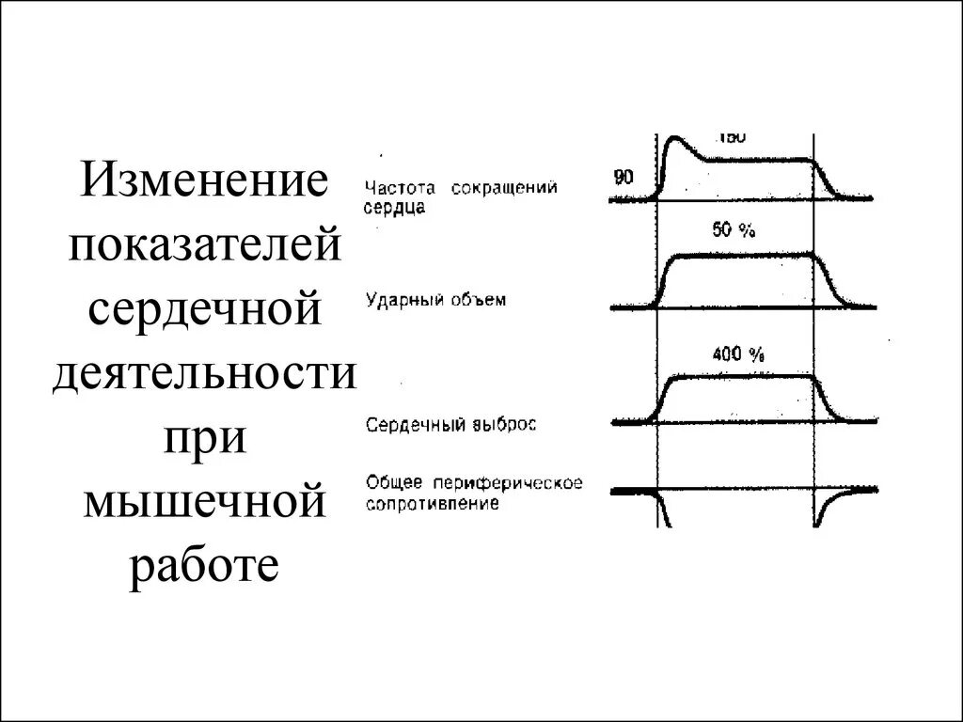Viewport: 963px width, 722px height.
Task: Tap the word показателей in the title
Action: click(x=204, y=246)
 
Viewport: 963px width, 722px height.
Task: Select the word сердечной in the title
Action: click(x=204, y=310)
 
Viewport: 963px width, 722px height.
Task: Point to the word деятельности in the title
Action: click(x=204, y=375)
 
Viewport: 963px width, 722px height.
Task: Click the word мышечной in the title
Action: click(x=204, y=504)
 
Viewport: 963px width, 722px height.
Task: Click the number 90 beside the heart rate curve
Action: click(x=623, y=177)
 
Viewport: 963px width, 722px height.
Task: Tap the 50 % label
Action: click(x=734, y=231)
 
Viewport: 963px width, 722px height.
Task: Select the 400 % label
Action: click(x=739, y=354)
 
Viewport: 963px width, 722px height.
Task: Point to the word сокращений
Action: click(x=504, y=188)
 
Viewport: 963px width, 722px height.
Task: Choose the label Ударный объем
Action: click(x=435, y=301)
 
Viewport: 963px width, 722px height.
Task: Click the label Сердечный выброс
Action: click(x=450, y=425)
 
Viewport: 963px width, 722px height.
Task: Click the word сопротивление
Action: click(x=433, y=503)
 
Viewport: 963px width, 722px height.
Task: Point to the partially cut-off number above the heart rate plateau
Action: click(x=732, y=137)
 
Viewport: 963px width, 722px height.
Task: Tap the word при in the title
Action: click(x=204, y=439)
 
